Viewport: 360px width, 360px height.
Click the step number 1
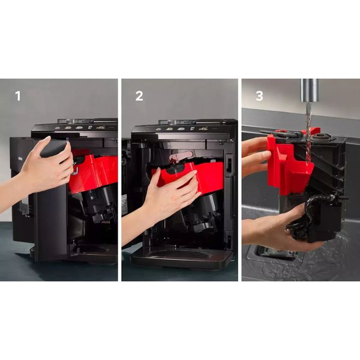[18, 96]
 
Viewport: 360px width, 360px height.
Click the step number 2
[139, 96]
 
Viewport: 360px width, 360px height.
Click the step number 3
[259, 96]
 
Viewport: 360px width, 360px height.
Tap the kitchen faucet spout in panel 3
[310, 90]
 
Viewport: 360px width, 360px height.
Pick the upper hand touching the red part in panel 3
[257, 156]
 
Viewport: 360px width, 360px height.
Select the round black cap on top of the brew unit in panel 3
[322, 137]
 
